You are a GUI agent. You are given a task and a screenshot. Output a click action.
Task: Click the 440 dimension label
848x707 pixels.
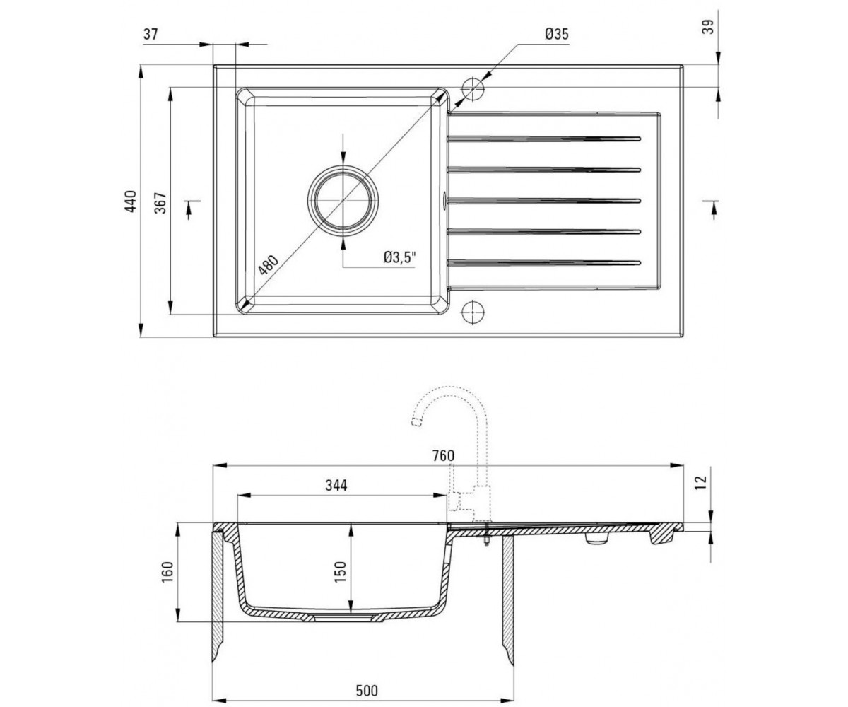click(131, 201)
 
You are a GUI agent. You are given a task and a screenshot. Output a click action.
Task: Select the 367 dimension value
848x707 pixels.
click(160, 203)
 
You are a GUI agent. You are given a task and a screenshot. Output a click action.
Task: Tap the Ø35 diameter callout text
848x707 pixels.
click(557, 34)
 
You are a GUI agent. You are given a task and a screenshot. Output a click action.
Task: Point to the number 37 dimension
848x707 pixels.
click(151, 34)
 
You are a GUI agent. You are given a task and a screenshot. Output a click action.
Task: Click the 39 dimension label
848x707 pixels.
click(708, 28)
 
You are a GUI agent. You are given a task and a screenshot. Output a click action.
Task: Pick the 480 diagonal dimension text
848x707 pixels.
click(269, 265)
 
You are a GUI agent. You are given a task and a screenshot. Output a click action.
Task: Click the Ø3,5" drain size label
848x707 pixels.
click(400, 257)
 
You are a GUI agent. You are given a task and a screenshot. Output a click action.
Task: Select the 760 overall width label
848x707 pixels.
click(442, 456)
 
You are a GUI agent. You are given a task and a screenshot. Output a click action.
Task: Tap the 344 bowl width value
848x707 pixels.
click(336, 485)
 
